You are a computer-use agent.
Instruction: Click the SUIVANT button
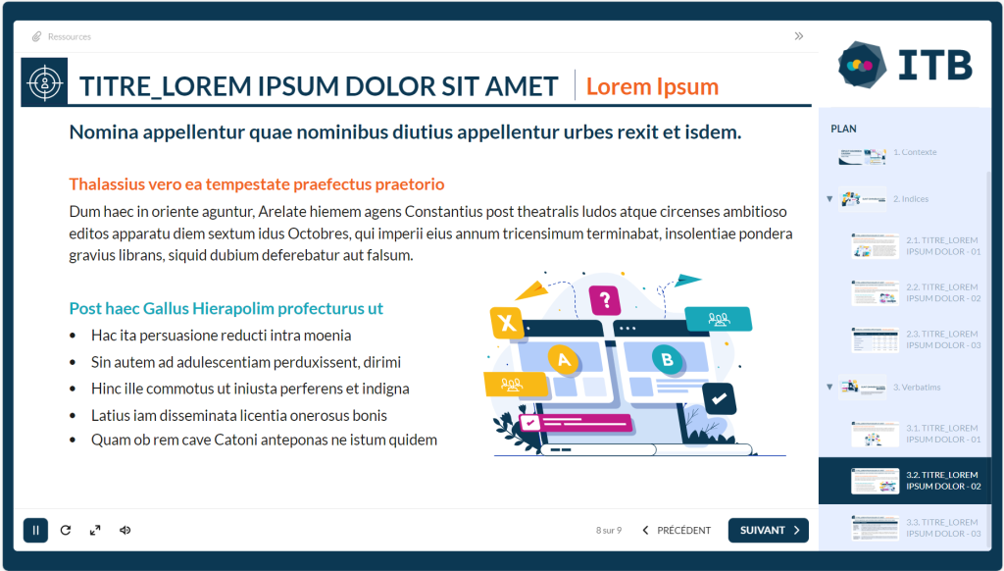(x=768, y=530)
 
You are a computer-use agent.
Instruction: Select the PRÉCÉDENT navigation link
(x=677, y=530)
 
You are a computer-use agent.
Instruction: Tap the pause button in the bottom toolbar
(x=36, y=530)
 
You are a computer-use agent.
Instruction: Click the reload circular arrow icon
(x=66, y=530)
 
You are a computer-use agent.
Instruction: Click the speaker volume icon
(x=125, y=530)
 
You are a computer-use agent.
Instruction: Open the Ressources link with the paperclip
(x=62, y=36)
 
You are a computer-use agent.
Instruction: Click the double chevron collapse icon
(x=798, y=36)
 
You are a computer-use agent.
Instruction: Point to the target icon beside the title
(x=44, y=82)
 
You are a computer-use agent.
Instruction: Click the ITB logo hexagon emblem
(x=862, y=65)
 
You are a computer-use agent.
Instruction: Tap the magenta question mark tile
(x=604, y=299)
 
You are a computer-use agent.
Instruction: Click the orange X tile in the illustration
(x=507, y=323)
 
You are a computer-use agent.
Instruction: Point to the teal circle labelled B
(x=667, y=359)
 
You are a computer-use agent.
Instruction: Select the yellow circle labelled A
(x=564, y=359)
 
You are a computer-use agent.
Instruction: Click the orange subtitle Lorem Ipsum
(x=652, y=86)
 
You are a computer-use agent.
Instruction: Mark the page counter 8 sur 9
(x=608, y=530)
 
